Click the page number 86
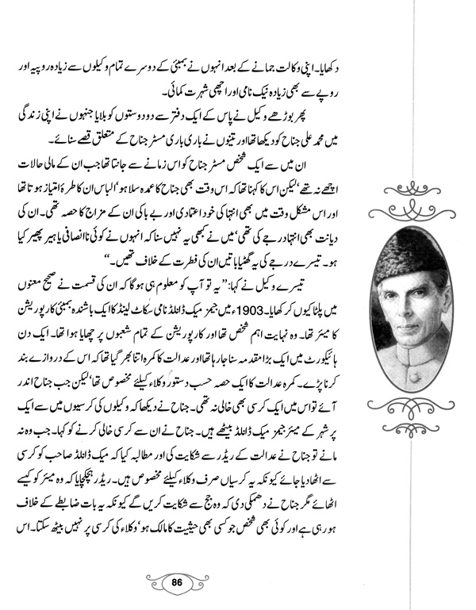(x=237, y=583)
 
